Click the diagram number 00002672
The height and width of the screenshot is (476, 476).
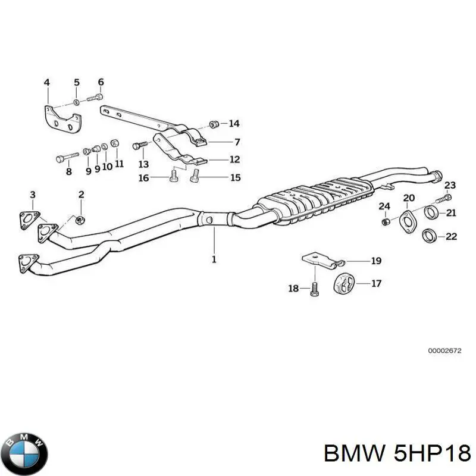tap(443, 351)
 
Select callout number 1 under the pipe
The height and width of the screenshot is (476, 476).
tap(214, 259)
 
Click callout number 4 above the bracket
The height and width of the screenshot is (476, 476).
tap(47, 82)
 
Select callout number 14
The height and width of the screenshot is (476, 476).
tap(234, 124)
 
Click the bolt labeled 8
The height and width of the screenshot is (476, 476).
tap(67, 158)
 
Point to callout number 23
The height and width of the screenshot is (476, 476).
tap(450, 185)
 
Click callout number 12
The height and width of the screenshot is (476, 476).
tap(234, 159)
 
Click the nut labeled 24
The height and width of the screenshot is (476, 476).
tap(385, 222)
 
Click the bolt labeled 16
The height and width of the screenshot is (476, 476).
tap(174, 176)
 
